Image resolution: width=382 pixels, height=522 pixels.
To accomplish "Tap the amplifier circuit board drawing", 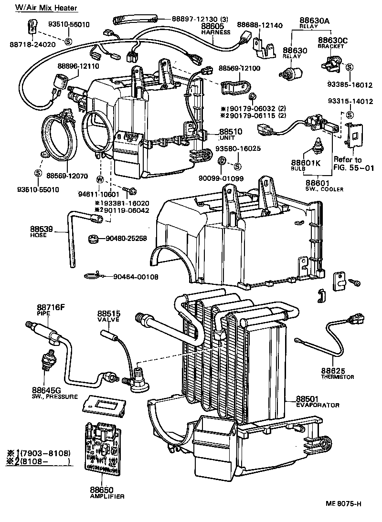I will click(102, 449).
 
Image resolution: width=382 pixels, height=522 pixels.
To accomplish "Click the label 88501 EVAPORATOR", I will click(317, 401).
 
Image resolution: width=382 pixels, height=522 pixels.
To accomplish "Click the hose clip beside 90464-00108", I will click(93, 275).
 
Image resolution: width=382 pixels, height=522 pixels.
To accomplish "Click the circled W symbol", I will click(100, 179).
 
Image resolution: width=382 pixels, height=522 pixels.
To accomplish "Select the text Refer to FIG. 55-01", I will click(354, 163).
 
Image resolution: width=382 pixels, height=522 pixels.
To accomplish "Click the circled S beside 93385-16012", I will click(350, 67).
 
